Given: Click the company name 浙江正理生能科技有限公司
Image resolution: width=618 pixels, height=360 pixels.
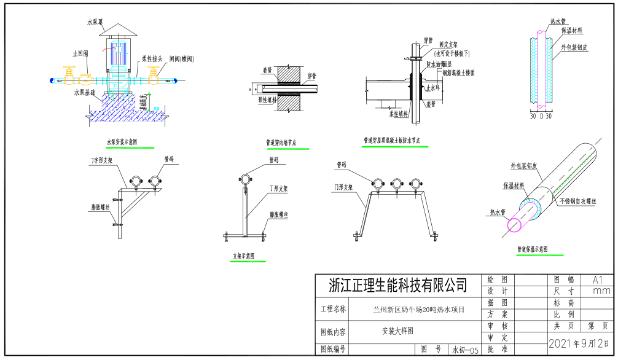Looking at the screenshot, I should pos(397,285).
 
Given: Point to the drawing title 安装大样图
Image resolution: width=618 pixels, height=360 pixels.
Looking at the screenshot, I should pos(398,331).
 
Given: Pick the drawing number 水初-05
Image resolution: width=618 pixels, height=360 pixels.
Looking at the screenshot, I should pos(464,350).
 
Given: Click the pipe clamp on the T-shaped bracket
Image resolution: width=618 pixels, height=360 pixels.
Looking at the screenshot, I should pos(245,179).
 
